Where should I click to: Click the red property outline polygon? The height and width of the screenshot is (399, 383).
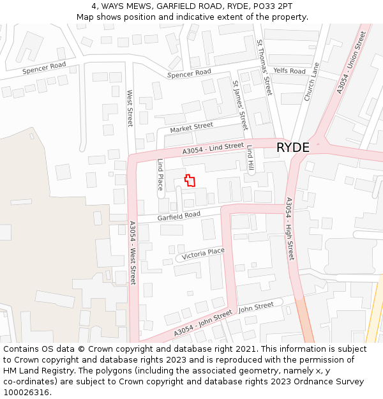(x=190, y=180)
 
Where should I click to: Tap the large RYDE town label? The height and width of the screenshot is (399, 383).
(x=293, y=147)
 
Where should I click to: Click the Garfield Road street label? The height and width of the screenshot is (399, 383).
(x=179, y=216)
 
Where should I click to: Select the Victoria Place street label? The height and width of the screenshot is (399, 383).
(x=203, y=253)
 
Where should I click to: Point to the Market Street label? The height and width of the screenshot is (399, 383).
(x=191, y=128)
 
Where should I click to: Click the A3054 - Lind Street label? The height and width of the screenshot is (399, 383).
(x=213, y=149)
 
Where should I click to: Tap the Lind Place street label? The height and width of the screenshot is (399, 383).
(x=161, y=175)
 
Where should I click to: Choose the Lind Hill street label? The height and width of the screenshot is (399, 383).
(x=251, y=158)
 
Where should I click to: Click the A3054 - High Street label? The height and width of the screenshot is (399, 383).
(x=290, y=229)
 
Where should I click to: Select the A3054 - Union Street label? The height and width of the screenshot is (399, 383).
(x=352, y=63)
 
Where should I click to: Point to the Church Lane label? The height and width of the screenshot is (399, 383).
(x=312, y=81)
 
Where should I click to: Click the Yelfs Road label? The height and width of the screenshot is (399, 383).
(x=289, y=71)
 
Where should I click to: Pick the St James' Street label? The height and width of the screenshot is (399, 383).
(x=240, y=105)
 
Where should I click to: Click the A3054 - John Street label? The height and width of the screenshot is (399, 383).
(x=203, y=324)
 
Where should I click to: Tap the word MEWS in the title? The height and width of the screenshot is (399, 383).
(x=136, y=6)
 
